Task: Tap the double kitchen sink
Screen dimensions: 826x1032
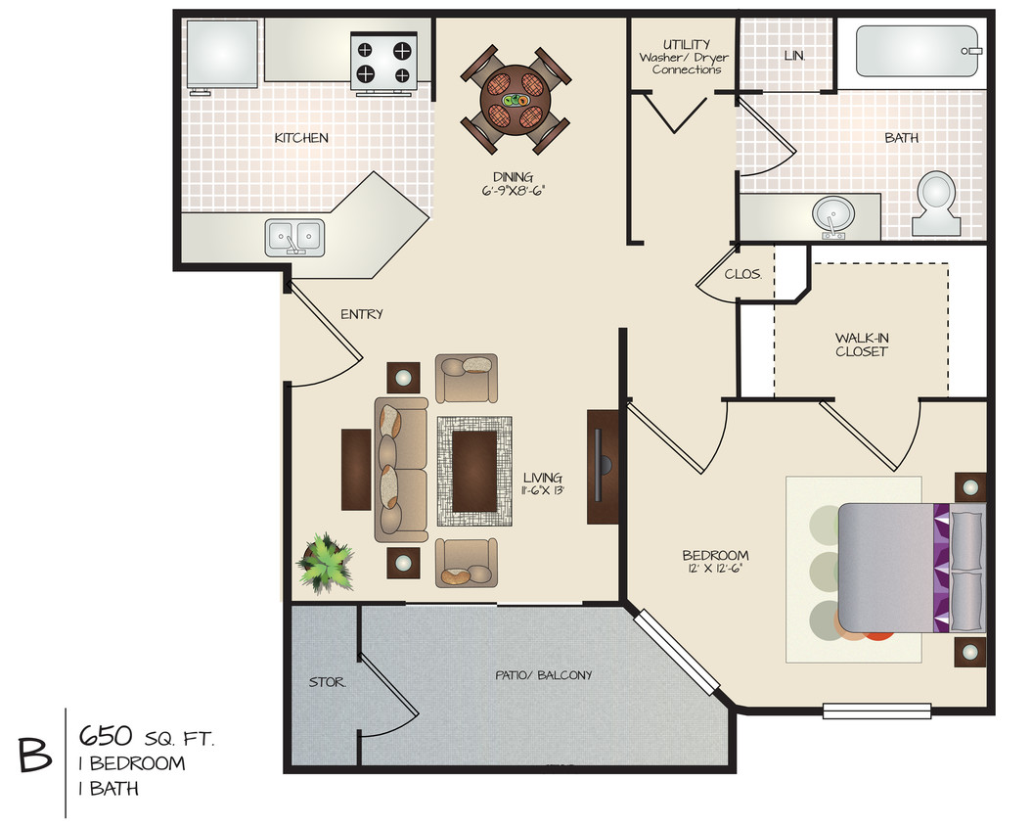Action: pyautogui.click(x=294, y=235)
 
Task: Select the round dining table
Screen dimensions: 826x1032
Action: pyautogui.click(x=515, y=100)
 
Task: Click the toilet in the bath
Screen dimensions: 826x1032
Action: pyautogui.click(x=936, y=202)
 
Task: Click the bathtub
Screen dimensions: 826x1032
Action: pyautogui.click(x=918, y=51)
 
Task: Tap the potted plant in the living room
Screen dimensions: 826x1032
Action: pyautogui.click(x=325, y=563)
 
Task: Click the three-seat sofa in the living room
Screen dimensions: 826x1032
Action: pyautogui.click(x=401, y=470)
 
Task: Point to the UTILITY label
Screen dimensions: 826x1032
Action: pyautogui.click(x=686, y=44)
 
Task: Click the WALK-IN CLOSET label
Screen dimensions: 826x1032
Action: pyautogui.click(x=861, y=344)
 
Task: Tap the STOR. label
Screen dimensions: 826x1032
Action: pyautogui.click(x=327, y=681)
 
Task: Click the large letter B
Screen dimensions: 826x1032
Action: pyautogui.click(x=34, y=755)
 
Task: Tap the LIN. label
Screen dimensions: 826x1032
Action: pyautogui.click(x=794, y=56)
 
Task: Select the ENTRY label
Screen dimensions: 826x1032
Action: pyautogui.click(x=361, y=314)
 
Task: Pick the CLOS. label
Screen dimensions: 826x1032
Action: pyautogui.click(x=742, y=274)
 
